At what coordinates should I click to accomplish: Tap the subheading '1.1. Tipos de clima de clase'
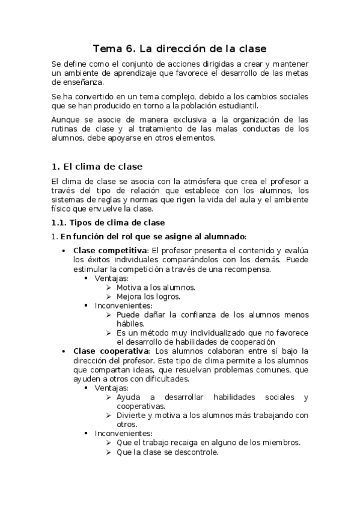click(105, 223)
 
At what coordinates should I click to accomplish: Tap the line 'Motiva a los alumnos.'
click(156, 287)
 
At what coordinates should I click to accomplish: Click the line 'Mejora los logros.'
click(148, 296)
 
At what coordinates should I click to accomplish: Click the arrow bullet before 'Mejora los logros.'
click(109, 296)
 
